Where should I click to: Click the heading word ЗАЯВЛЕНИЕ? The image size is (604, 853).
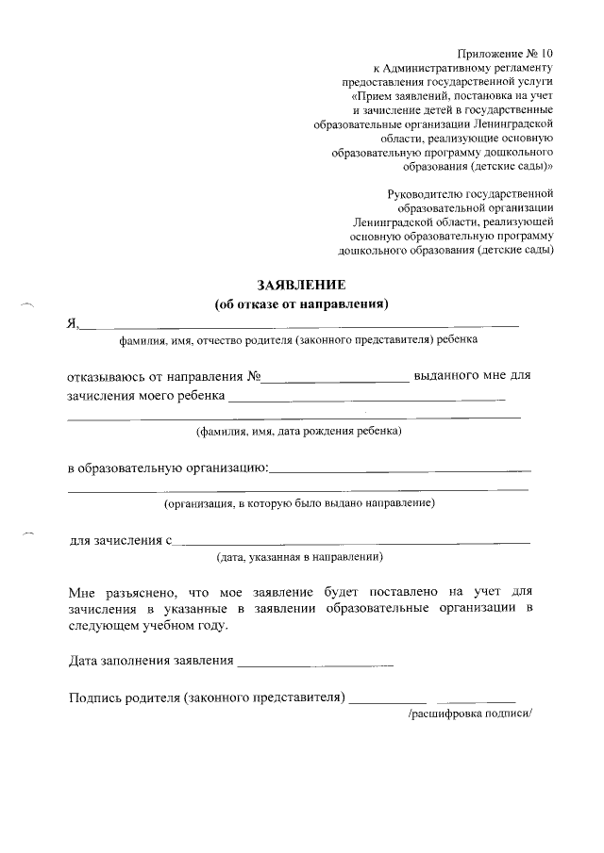(x=302, y=285)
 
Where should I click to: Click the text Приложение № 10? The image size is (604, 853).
(x=506, y=53)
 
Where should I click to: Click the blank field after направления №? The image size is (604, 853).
(x=335, y=379)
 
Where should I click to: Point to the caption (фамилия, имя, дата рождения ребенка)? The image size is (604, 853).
(x=298, y=433)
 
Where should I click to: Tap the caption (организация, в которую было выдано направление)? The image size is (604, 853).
(x=299, y=504)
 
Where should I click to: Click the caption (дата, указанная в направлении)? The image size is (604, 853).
(x=299, y=557)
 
